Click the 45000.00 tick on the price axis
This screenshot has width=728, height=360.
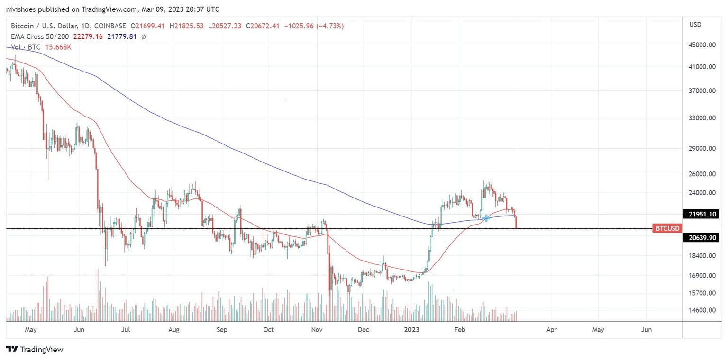coord(702,45)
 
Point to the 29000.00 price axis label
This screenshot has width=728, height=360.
coord(702,148)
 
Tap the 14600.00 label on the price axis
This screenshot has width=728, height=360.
coord(702,310)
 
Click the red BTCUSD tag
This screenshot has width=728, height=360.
coord(667,228)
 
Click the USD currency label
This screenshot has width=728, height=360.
coord(695,24)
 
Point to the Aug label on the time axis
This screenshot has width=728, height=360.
coord(174,329)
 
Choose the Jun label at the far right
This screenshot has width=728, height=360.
coord(646,329)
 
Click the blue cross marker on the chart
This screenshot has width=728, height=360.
coord(486,218)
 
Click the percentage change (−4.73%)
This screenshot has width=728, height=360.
coord(327,26)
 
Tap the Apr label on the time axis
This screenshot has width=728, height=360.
coord(551,329)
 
